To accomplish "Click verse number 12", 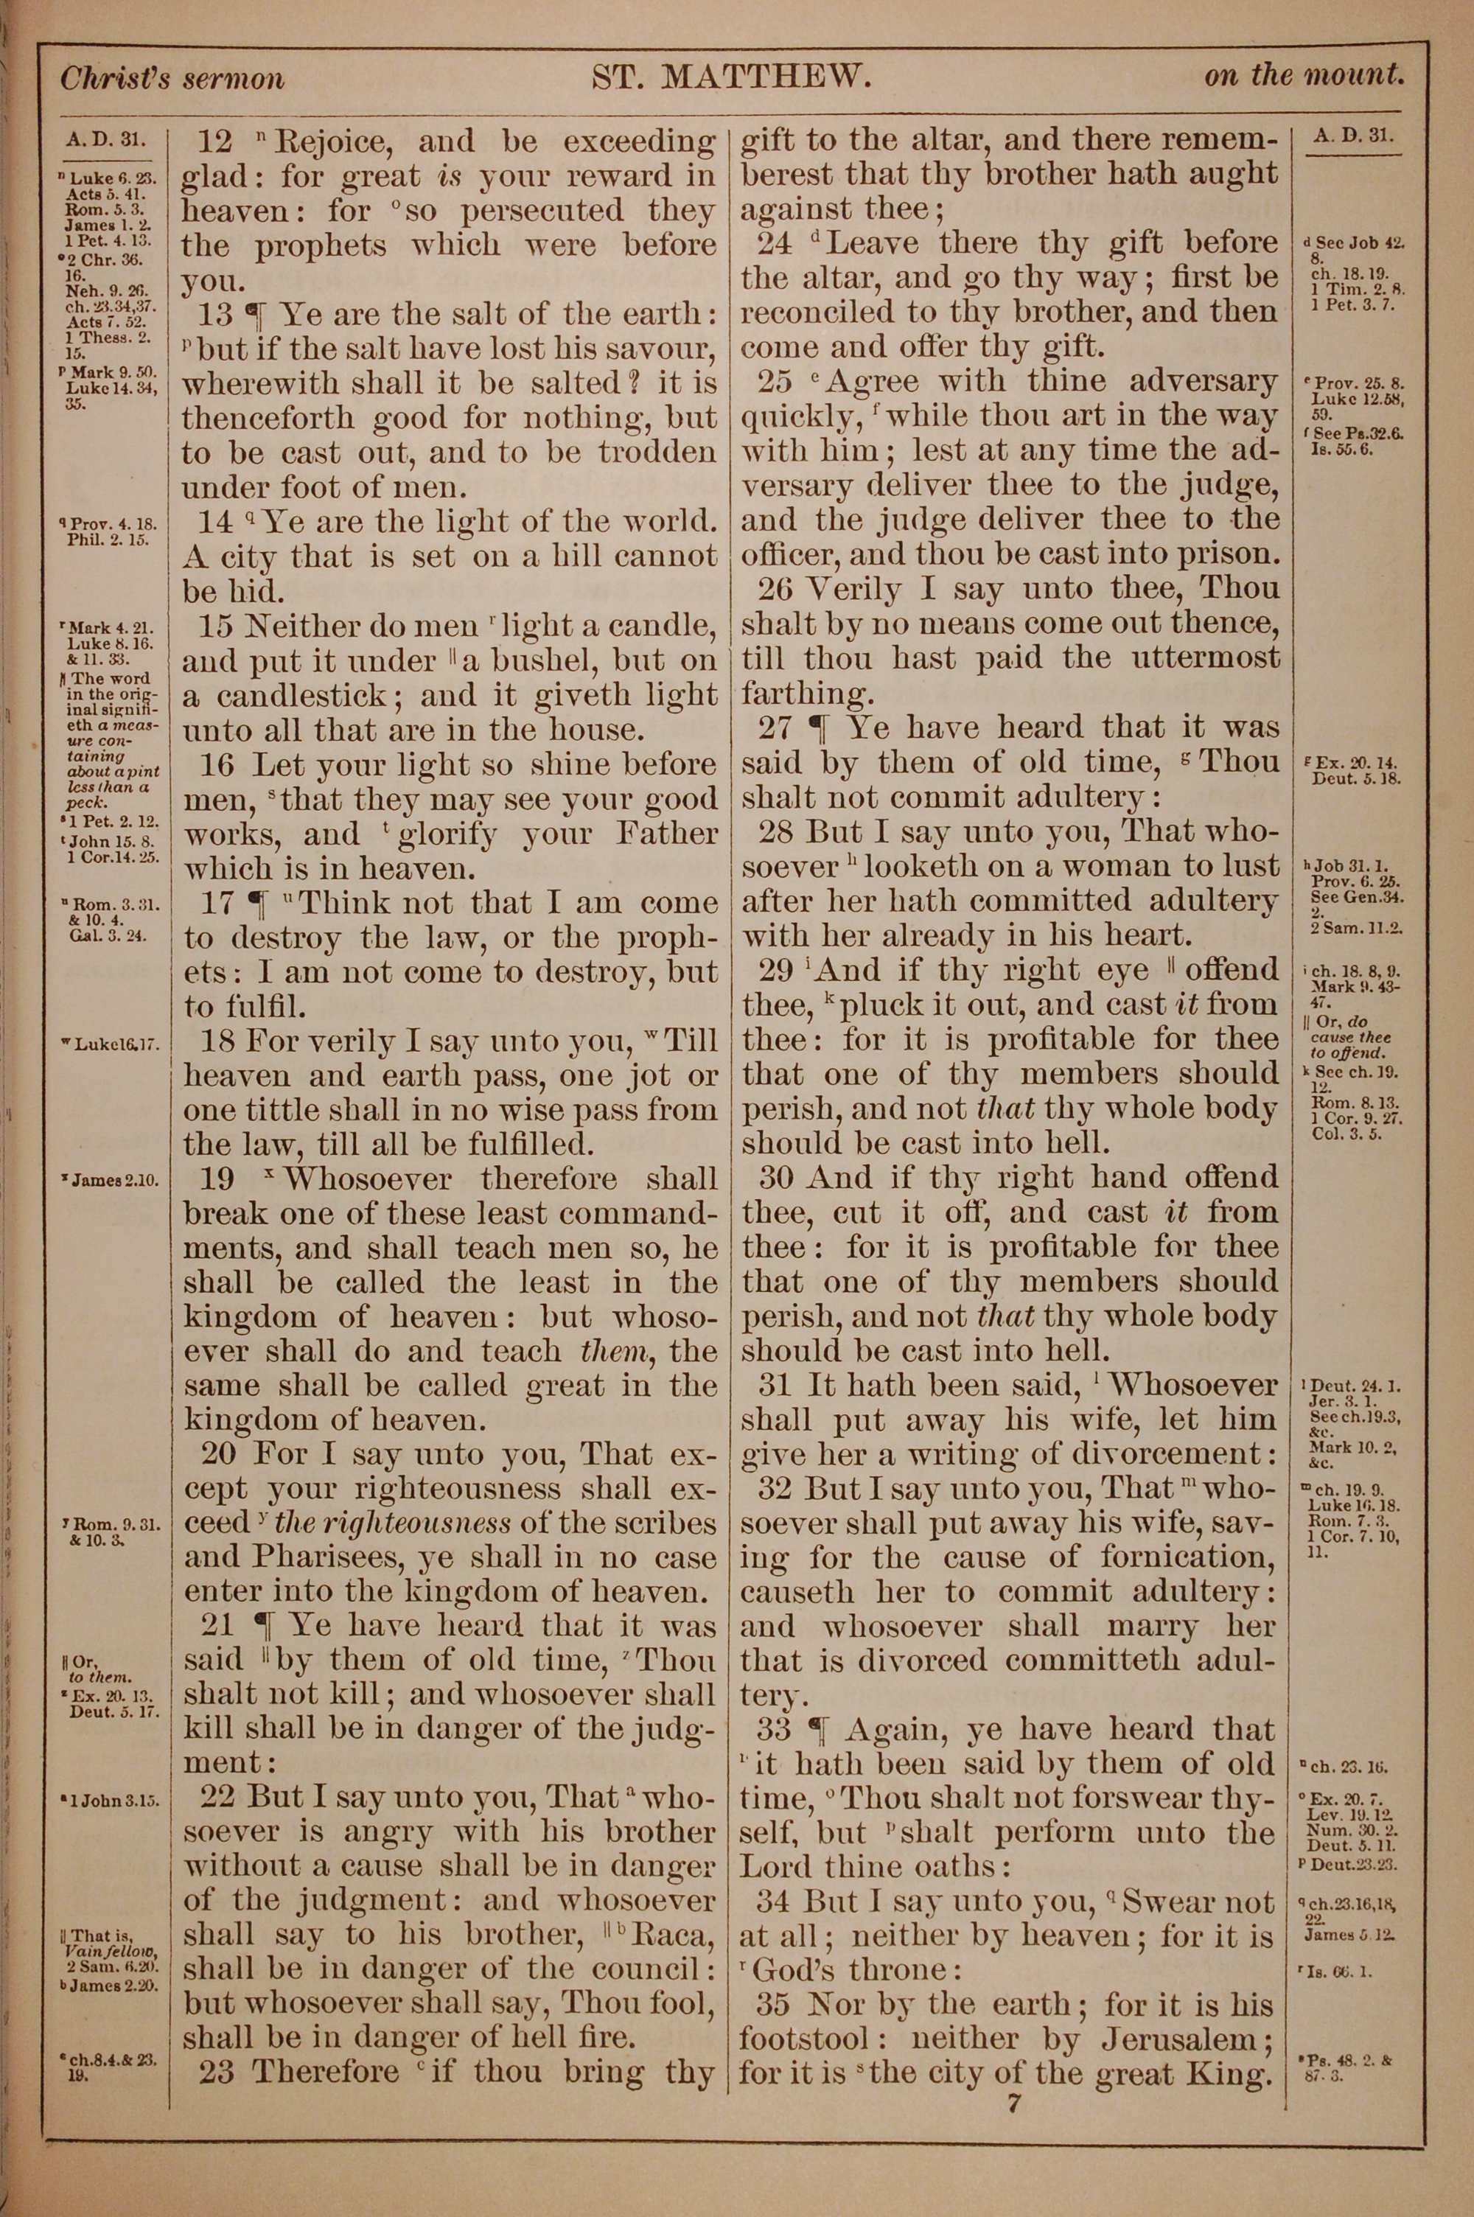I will click(215, 142).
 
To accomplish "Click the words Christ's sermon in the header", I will click(172, 78).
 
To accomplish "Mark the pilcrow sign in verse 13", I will click(255, 315).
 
